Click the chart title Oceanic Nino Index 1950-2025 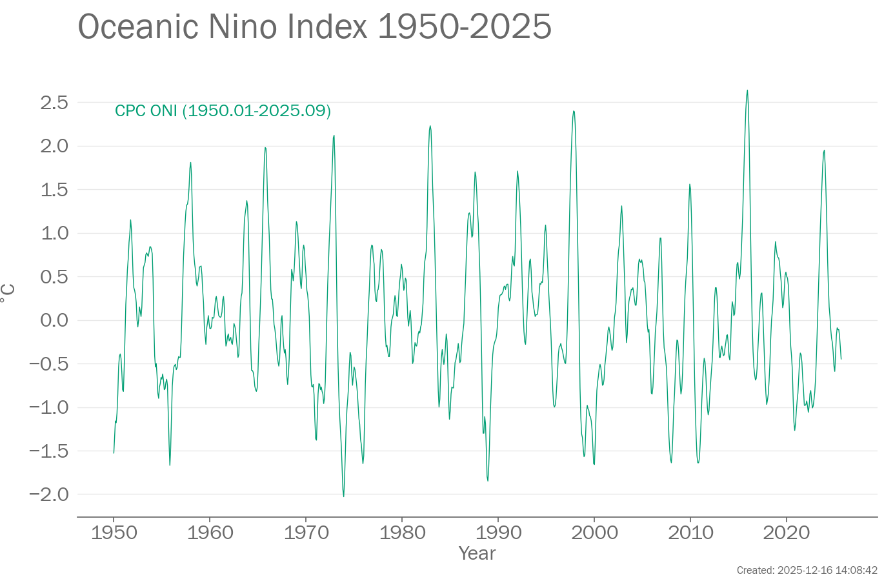click(314, 27)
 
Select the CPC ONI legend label click(223, 111)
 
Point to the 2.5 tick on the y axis click(54, 103)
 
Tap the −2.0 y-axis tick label click(49, 494)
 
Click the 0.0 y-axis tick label click(54, 320)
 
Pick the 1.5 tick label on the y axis click(54, 190)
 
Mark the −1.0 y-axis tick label click(49, 407)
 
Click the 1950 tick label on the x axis click(114, 533)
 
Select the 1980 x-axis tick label click(403, 533)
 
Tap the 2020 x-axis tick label click(787, 533)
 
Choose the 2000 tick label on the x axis click(594, 533)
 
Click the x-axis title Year click(477, 553)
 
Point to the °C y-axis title click(8, 297)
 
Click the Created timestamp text click(807, 571)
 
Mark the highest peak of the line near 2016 click(747, 90)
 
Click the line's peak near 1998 click(573, 111)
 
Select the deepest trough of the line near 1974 click(343, 496)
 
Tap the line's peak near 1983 click(430, 126)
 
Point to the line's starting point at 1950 click(114, 453)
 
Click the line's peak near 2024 click(824, 150)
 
